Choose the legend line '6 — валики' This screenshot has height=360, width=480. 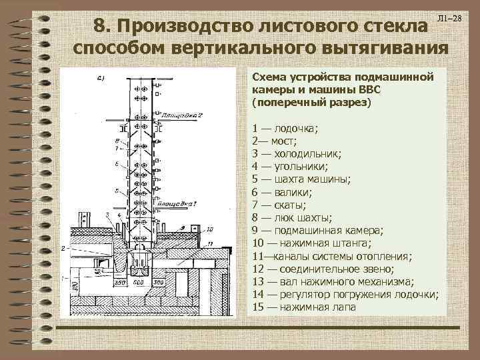[279, 192]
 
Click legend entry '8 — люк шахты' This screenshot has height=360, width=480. [291, 217]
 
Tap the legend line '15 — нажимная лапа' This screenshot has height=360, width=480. [304, 307]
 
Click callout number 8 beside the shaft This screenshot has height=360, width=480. [117, 140]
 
